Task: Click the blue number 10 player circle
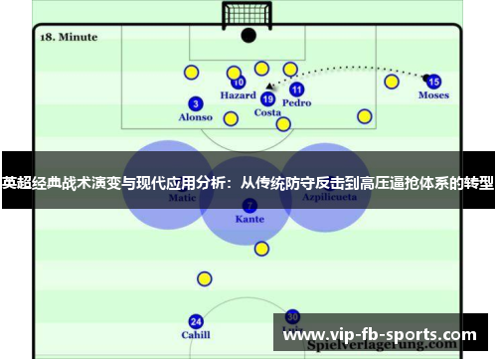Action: pyautogui.click(x=239, y=84)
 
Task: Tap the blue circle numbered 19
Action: pyautogui.click(x=267, y=98)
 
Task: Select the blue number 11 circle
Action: pyautogui.click(x=296, y=90)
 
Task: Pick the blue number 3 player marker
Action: pyautogui.click(x=195, y=103)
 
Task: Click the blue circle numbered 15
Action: pyautogui.click(x=433, y=82)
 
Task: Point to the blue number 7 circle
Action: pyautogui.click(x=249, y=205)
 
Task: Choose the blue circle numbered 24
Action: pyautogui.click(x=196, y=321)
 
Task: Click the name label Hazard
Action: pyautogui.click(x=238, y=96)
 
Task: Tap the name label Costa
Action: pyautogui.click(x=267, y=112)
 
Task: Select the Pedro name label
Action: pyautogui.click(x=296, y=102)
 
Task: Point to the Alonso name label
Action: pyautogui.click(x=195, y=117)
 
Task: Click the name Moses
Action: pyautogui.click(x=433, y=95)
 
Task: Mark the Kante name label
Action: pyautogui.click(x=249, y=219)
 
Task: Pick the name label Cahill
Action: pyautogui.click(x=196, y=335)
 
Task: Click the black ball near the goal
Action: pyautogui.click(x=248, y=35)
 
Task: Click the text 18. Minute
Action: pyautogui.click(x=68, y=37)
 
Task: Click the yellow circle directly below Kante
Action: pyautogui.click(x=261, y=249)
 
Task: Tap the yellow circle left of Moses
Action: pyautogui.click(x=392, y=82)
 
